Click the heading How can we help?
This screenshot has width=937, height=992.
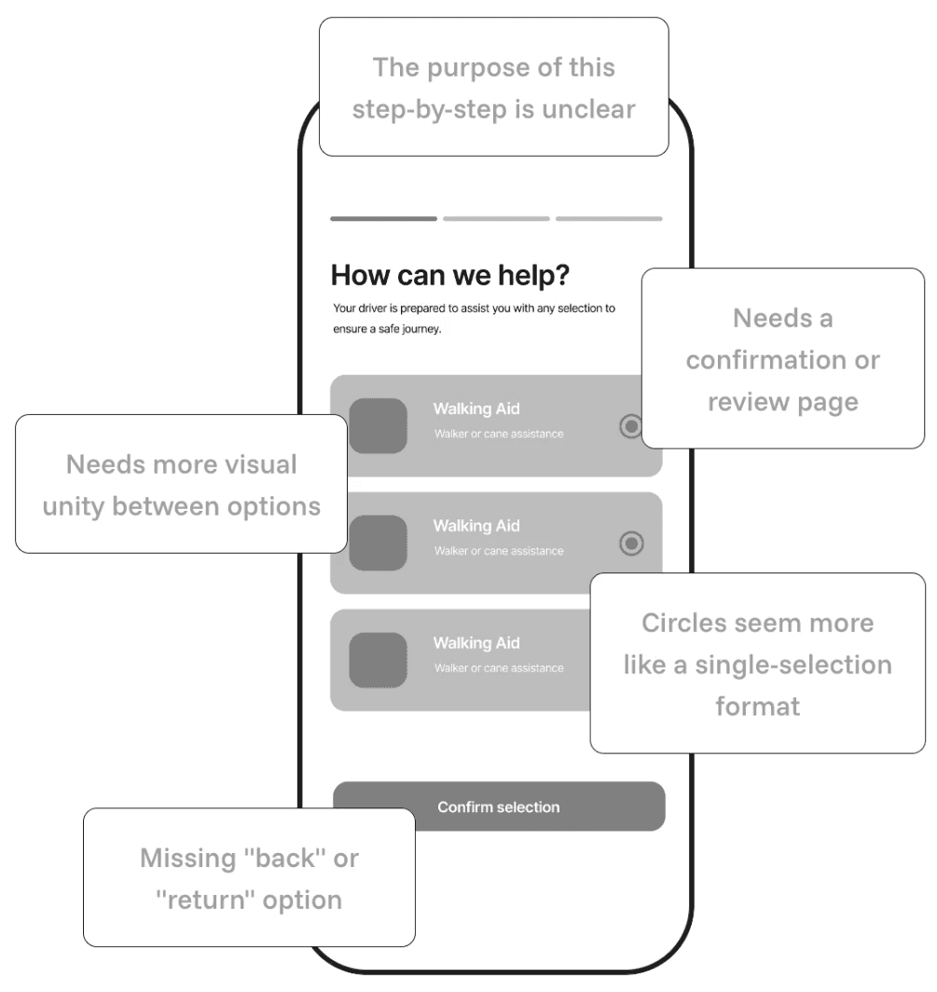coord(449,275)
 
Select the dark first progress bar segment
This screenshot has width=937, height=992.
coord(383,219)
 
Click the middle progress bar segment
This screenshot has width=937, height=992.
coord(496,219)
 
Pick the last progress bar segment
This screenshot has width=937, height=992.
coord(609,219)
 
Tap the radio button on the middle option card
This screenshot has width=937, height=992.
coord(631,544)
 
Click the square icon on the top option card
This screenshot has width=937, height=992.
coord(379,426)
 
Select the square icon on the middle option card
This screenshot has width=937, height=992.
coord(379,543)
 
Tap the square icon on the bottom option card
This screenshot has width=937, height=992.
coord(379,660)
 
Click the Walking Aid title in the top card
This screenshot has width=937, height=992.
coord(476,408)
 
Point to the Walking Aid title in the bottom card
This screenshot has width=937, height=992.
coord(476,642)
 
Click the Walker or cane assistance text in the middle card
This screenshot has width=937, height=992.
coord(499,551)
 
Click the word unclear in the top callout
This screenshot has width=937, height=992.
coord(588,109)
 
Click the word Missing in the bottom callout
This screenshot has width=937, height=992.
coord(188,859)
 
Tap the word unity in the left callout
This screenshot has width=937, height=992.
coord(73,507)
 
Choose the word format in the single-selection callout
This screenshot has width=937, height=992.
coord(758,707)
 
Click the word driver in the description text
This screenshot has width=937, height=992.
coord(373,308)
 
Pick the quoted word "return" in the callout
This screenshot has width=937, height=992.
coord(205,901)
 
